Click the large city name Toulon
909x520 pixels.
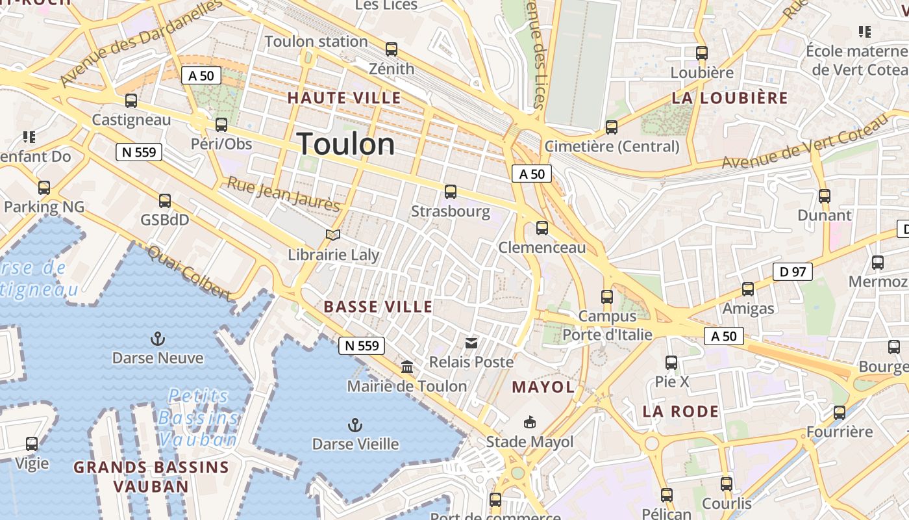coord(346,144)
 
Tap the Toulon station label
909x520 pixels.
coord(316,42)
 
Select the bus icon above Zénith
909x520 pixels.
coord(392,49)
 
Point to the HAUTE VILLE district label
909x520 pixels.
coord(344,98)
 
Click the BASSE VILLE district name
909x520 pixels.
coord(378,307)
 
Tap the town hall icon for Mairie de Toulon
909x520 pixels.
coord(407,367)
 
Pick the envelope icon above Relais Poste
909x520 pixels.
coord(471,343)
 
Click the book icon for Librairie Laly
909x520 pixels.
coord(333,235)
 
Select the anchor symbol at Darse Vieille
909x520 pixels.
coord(355,425)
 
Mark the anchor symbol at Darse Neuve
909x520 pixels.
coord(157,339)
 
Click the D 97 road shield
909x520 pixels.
coord(793,272)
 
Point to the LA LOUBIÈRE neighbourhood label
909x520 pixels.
coord(730,98)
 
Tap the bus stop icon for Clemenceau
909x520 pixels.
coord(542,228)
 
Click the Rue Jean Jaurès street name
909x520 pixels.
coord(284,194)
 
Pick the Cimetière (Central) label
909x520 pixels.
coord(612,146)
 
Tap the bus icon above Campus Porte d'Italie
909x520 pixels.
coord(607,297)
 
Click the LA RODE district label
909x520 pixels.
coord(680,411)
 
